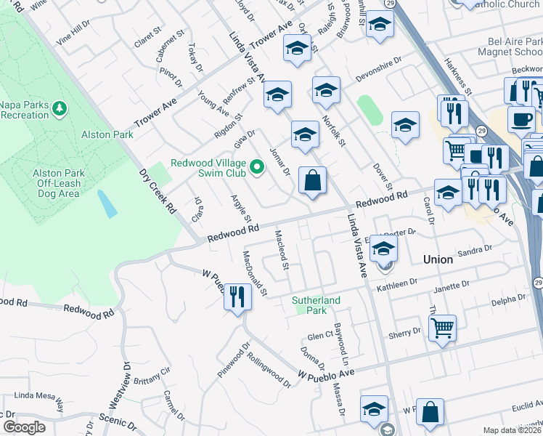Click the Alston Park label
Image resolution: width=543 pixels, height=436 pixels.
107,134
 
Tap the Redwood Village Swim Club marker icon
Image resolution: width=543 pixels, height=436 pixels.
256,169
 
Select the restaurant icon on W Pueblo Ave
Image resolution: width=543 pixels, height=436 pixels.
237,296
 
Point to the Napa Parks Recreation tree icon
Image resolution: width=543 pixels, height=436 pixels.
59,109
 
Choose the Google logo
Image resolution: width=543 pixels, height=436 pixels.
24,427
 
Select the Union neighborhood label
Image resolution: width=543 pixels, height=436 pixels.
438,259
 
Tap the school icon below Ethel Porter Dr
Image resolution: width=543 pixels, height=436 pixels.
383,250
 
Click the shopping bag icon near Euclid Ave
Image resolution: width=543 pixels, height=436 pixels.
430,412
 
